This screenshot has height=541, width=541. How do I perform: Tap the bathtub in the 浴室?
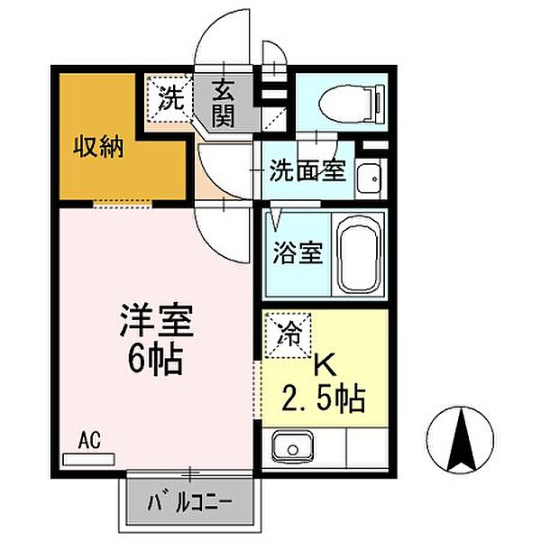359,254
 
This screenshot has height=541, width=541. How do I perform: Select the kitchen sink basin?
292,447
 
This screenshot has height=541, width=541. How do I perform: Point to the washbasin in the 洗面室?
369,179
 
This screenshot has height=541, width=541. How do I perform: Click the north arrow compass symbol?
460,440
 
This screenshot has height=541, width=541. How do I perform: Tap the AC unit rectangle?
88,459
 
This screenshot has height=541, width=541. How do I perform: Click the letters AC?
89,440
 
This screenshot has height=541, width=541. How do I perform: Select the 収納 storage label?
98,147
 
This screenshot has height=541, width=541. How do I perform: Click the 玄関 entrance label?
224,103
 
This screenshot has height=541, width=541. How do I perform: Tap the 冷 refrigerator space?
288,335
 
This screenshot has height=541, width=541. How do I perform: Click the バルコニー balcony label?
189,503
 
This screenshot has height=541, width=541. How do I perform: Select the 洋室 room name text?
156,320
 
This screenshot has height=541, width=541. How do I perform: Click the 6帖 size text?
155,360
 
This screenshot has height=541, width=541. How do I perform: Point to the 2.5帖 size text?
324,399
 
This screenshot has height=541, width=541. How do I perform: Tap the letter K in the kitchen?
325,365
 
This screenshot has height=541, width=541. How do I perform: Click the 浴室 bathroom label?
298,252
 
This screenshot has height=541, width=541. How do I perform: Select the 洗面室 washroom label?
307,170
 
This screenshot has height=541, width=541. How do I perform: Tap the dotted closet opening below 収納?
123,205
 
